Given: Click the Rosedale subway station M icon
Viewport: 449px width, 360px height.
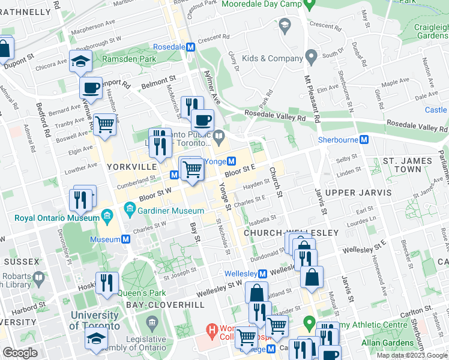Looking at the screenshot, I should pyautogui.click(x=190, y=47).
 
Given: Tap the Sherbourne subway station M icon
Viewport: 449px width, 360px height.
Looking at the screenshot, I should pyautogui.click(x=364, y=139).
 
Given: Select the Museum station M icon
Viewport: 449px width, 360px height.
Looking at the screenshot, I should pyautogui.click(x=126, y=239).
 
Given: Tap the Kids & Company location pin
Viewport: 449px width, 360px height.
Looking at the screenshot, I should pyautogui.click(x=311, y=58).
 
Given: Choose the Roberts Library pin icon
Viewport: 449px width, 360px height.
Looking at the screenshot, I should pyautogui.click(x=39, y=277).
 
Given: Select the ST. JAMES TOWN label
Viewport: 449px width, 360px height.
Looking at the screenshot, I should pyautogui.click(x=408, y=165).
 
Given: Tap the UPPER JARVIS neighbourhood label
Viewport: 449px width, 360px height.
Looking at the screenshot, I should pyautogui.click(x=358, y=193).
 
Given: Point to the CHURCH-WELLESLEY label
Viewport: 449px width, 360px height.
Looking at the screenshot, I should pyautogui.click(x=291, y=232).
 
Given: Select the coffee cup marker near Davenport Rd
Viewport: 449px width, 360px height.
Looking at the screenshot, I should pyautogui.click(x=91, y=88).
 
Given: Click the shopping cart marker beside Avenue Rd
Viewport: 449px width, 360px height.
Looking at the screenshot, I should pyautogui.click(x=104, y=125).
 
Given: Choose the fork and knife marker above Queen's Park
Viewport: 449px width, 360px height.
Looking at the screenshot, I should pyautogui.click(x=107, y=283).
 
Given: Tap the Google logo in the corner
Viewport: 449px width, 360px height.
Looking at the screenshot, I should pyautogui.click(x=20, y=353).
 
